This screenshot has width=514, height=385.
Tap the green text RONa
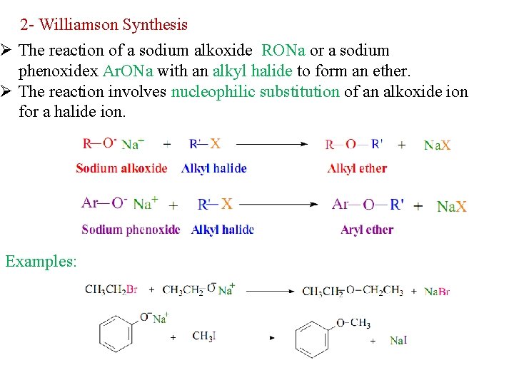pos(283,51)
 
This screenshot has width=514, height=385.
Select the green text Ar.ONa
pos(128,71)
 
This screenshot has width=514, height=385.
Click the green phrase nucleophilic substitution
pos(256,91)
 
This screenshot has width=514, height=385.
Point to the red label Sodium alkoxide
pos(121,168)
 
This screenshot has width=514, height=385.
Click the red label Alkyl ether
pos(357,168)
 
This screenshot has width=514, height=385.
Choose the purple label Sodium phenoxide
pos(131,230)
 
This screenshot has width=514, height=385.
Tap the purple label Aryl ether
pos(367,230)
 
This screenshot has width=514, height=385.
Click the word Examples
pos(40,261)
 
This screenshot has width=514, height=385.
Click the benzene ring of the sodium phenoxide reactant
pos(116,334)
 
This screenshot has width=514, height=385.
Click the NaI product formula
pos(398,341)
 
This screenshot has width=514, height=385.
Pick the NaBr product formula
pos(437,292)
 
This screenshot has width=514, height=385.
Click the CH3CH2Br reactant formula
pos(111,289)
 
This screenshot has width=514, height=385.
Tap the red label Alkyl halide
pos(214,168)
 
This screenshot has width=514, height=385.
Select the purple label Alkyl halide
pos(223,230)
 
